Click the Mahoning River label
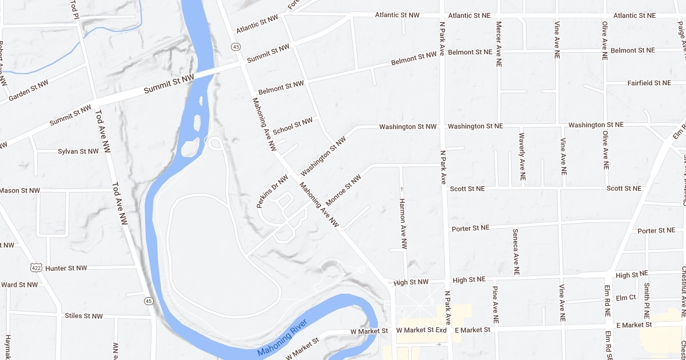[282, 338]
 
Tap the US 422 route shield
[36, 267]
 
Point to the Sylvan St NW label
[78, 151]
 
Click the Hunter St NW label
[66, 268]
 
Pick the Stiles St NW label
[84, 315]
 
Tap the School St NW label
[293, 126]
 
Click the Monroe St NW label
[344, 190]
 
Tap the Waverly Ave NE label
[521, 157]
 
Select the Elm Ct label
[626, 298]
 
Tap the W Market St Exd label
[421, 330]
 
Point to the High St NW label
[411, 282]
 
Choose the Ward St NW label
[20, 285]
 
